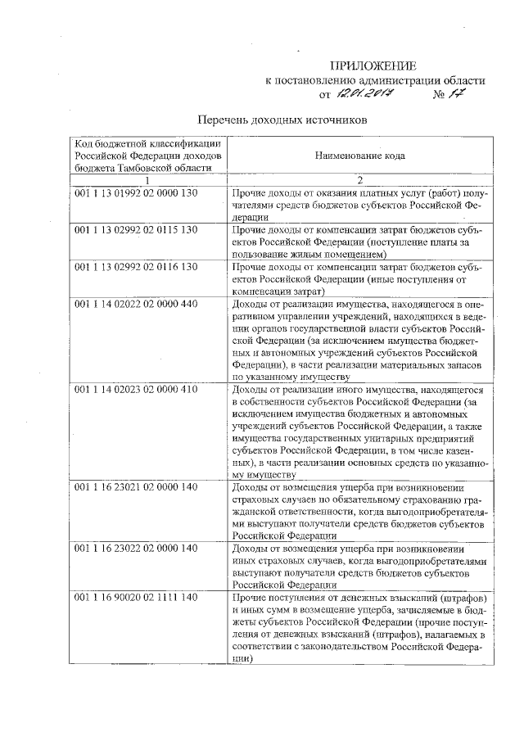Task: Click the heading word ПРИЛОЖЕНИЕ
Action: point(373,66)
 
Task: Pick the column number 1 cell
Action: point(147,179)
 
